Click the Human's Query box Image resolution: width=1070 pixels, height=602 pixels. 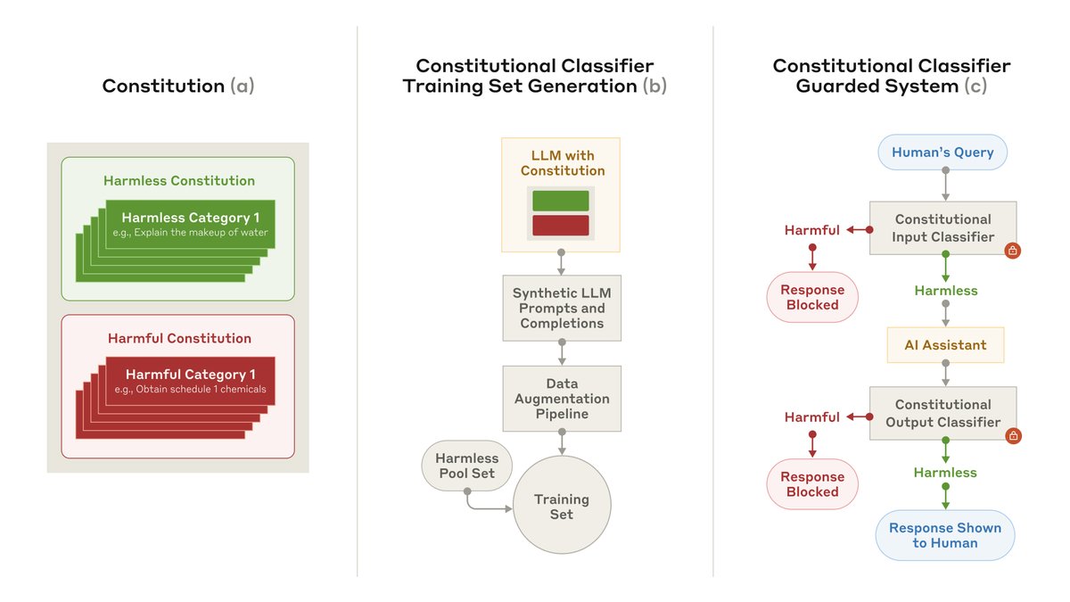click(942, 153)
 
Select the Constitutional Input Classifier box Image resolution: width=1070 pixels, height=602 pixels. click(942, 227)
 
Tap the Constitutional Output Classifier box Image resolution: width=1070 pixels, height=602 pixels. click(942, 413)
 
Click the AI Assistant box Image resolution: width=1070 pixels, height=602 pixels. click(945, 344)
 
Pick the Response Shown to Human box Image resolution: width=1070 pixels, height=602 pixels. click(945, 534)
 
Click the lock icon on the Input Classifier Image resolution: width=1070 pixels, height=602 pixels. click(1012, 251)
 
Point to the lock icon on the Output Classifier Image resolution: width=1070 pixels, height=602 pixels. click(1012, 436)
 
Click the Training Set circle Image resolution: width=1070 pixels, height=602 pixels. click(562, 507)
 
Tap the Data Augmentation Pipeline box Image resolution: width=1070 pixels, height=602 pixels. click(562, 399)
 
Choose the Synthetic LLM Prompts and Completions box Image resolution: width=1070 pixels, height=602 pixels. click(562, 309)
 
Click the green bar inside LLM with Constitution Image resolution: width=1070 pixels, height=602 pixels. click(561, 201)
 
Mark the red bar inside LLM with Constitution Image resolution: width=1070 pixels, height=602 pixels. click(561, 225)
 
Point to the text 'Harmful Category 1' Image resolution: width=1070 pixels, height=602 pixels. click(190, 374)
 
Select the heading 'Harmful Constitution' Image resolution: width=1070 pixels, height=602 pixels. click(179, 338)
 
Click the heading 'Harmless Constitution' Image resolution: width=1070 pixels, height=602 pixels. click(179, 180)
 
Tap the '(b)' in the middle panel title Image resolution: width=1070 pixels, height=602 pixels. click(654, 86)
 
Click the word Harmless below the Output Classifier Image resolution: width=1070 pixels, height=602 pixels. click(945, 472)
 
